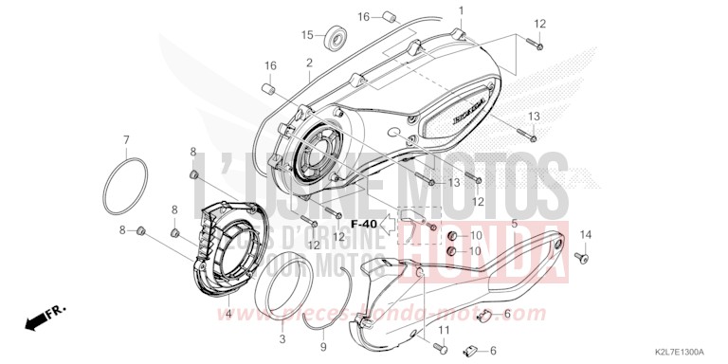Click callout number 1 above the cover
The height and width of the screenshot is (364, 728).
[x=462, y=11]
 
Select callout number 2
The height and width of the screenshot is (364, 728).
[x=309, y=63]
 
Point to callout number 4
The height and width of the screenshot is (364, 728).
[x=227, y=314]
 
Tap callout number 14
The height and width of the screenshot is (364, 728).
[x=585, y=235]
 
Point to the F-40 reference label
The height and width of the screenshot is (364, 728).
[x=363, y=223]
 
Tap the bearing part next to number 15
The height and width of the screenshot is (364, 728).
[x=335, y=38]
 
